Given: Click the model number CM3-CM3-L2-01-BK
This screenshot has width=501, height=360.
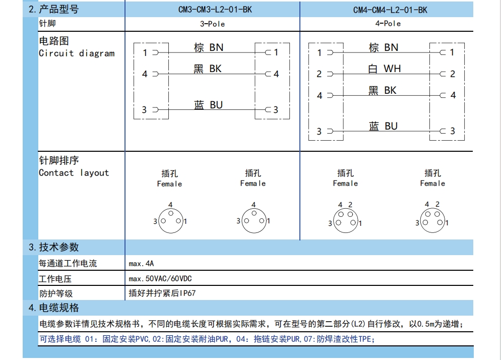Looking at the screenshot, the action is click(x=215, y=10).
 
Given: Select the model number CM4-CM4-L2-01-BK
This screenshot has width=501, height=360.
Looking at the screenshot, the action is click(x=390, y=10).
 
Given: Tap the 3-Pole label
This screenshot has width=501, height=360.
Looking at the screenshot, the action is click(x=213, y=24).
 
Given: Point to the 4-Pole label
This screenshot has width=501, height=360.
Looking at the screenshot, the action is click(x=388, y=24).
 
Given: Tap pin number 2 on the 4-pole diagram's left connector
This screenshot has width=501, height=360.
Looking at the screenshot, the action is click(x=319, y=74).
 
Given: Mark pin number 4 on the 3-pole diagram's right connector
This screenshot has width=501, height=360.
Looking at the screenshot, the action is click(x=276, y=74).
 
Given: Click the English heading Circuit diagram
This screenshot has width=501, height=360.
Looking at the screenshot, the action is click(x=77, y=53).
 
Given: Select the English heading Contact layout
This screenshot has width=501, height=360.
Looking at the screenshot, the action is click(x=74, y=172).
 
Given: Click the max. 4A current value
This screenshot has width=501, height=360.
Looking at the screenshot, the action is click(x=141, y=264).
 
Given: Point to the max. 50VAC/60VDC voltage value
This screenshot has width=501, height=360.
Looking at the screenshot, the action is click(x=160, y=278).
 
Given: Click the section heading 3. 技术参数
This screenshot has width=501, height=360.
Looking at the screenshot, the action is click(x=53, y=247).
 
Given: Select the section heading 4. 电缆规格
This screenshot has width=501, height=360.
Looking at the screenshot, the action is click(x=53, y=308).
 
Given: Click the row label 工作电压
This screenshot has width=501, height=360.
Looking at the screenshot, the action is click(x=55, y=279).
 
